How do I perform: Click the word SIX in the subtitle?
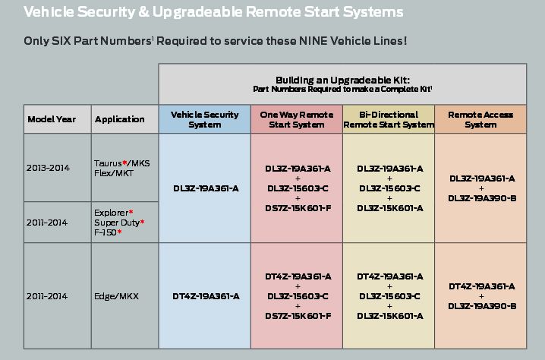61,41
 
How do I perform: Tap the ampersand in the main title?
143,12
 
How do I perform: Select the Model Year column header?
52,119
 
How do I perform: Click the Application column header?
120,119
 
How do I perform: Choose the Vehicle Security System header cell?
205,119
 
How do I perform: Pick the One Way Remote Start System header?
297,119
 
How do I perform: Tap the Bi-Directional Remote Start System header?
389,119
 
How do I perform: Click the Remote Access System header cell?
480,119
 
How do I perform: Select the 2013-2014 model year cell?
48,168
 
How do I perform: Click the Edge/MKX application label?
116,296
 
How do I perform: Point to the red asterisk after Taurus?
124,162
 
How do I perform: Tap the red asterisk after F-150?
119,232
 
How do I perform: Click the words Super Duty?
116,223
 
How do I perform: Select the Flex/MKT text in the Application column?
114,173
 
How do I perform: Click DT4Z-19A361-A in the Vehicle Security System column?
206,296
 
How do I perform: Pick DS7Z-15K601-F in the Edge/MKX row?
298,316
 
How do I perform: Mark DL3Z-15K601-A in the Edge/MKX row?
390,316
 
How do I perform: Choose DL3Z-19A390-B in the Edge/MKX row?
482,306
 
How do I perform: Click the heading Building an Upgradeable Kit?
342,80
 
